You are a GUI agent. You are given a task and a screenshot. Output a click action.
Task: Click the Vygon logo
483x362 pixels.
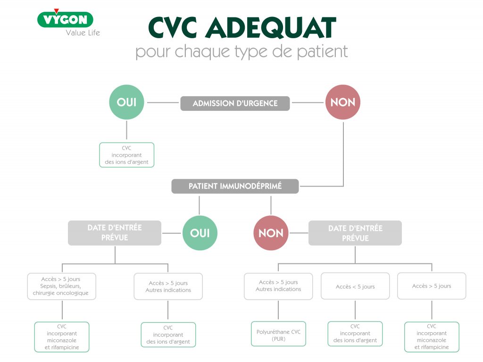[65, 19]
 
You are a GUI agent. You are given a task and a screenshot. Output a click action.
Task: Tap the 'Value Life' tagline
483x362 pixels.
[83, 33]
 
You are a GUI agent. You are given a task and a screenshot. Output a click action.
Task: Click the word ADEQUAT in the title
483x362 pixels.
[271, 27]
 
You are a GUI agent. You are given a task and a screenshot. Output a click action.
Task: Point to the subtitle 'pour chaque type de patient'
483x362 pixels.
[242, 51]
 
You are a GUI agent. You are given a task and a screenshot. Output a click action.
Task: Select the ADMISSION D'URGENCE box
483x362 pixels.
[235, 103]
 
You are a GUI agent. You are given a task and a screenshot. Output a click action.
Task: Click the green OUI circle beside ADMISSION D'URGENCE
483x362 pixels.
[126, 102]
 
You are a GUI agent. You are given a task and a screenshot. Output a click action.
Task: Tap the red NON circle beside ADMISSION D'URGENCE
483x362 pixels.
[343, 102]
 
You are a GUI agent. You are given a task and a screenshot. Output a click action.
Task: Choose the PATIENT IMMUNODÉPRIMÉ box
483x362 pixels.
[235, 186]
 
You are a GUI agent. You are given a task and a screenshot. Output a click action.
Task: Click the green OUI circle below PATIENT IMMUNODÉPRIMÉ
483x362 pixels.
[200, 233]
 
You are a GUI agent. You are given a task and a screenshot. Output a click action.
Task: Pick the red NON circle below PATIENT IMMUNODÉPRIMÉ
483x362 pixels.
[271, 233]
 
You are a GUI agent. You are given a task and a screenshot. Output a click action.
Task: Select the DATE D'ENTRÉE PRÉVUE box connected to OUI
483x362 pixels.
[115, 233]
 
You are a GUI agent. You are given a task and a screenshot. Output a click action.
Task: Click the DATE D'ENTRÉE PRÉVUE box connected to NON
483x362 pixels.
[355, 233]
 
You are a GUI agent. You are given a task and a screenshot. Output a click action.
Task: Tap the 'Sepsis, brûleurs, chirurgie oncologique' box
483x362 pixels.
[62, 286]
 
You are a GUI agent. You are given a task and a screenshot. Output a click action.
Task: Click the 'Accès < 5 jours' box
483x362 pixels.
[355, 286]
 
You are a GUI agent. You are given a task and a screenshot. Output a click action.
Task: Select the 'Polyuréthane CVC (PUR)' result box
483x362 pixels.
[278, 334]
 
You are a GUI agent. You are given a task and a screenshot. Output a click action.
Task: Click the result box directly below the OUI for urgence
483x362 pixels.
[126, 155]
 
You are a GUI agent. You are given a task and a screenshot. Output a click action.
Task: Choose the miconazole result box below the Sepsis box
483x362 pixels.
[62, 337]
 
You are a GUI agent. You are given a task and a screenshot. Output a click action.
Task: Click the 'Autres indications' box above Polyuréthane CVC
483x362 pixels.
[278, 286]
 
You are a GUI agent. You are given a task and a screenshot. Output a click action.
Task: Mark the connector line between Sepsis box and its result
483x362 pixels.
[62, 311]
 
